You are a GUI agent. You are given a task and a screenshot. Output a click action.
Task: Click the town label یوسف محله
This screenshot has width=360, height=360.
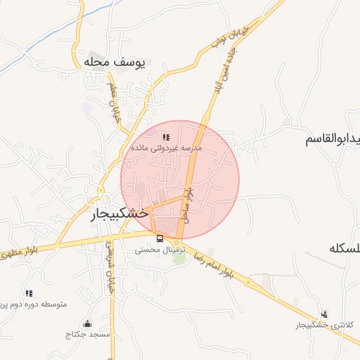point(113,63)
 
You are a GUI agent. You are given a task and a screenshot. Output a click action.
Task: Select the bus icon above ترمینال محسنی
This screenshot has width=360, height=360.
point(160,238)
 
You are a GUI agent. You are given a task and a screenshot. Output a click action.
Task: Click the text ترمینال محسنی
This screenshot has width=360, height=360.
point(160,250)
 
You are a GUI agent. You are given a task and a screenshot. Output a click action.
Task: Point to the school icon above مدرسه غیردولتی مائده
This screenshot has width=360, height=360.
point(166,137)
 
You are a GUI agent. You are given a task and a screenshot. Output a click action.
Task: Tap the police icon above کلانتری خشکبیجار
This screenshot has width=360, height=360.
point(323,314)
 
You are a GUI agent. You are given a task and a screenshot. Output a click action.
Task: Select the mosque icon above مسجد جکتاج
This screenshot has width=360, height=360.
point(86,323)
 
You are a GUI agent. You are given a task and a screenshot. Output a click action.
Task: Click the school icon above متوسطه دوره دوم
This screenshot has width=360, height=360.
point(29,293)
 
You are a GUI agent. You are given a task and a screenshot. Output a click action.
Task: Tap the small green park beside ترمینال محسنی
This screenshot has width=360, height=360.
point(179,258)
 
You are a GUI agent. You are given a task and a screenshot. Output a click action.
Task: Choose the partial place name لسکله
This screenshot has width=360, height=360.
point(345,250)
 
